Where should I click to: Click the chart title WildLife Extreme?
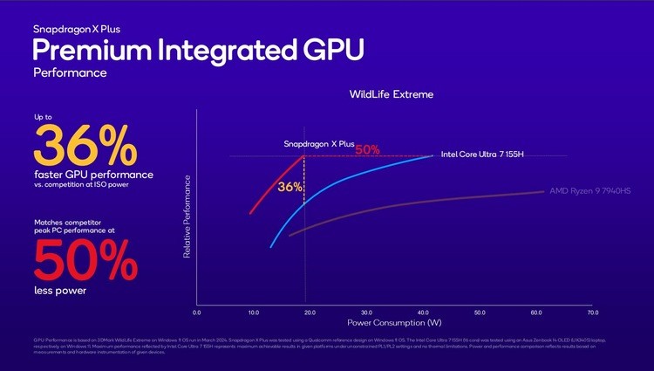(x=392, y=94)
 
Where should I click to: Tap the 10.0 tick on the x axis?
(x=253, y=312)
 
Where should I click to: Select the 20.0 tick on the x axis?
(x=310, y=312)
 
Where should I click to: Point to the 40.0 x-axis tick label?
(x=423, y=312)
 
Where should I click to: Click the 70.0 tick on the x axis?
(x=593, y=312)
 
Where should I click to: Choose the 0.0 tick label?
(x=196, y=312)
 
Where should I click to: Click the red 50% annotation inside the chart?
(x=366, y=149)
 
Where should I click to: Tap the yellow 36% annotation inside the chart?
(x=290, y=187)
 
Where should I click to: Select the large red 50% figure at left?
(x=85, y=259)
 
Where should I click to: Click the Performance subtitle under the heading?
(x=70, y=72)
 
